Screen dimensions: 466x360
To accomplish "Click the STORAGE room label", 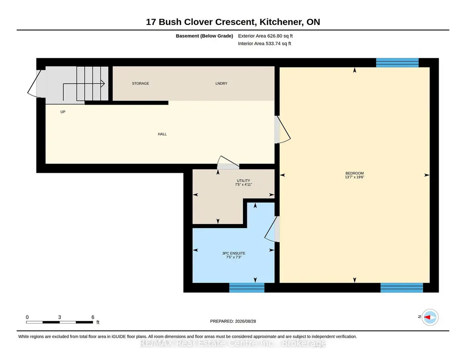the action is coord(140,84).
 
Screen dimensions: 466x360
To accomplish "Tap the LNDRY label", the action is coord(221,84).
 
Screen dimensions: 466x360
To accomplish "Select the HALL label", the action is coord(162,134).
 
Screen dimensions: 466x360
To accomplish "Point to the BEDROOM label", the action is coord(355,173).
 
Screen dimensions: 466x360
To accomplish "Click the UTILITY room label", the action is coord(243,180).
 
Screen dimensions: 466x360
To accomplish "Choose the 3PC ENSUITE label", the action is coord(234,253).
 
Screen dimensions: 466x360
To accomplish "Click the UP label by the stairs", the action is coord(63,112).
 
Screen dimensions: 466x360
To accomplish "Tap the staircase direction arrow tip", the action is coord(104,84).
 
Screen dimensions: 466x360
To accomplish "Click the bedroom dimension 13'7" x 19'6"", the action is coord(355,177).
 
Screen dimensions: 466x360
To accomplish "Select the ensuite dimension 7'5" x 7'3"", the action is coord(234,257).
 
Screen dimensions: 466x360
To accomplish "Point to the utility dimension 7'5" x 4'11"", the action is coord(243,185).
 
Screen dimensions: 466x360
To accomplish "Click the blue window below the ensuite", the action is coord(247,288).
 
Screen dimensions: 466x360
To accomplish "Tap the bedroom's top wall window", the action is coord(397,63).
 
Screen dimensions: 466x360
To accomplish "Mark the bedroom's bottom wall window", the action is coord(401,288).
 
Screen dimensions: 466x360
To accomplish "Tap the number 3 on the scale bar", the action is coord(60,317).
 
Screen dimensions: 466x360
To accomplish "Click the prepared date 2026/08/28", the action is coord(246,321).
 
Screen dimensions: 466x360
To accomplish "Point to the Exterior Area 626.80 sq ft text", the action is coord(266,36).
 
